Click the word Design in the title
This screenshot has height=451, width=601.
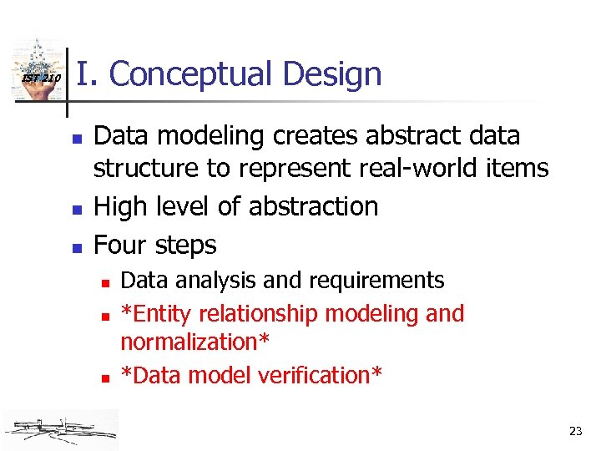[331, 73]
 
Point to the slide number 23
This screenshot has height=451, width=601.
[575, 431]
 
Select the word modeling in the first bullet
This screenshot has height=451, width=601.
[205, 135]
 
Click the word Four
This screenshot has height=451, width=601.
[120, 245]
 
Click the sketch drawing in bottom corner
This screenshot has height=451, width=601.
[59, 429]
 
